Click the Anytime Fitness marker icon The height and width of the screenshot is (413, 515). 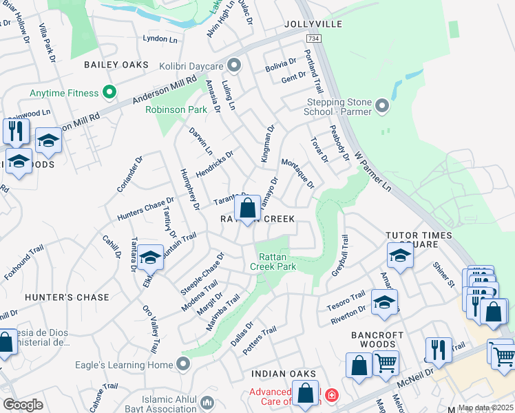tap(108, 92)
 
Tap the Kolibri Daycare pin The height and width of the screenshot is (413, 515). tap(234, 65)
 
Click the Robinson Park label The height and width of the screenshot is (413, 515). tap(176, 109)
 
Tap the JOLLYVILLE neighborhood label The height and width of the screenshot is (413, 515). tap(313, 24)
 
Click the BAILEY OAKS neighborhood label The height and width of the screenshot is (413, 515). tap(116, 65)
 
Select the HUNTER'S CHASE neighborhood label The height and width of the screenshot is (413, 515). tap(67, 297)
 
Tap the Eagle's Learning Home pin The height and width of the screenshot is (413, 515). tap(183, 363)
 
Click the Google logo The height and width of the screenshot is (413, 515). tap(23, 405)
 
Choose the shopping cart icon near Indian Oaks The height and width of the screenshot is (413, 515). tap(386, 362)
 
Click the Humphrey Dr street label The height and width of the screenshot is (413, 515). tap(189, 189)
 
